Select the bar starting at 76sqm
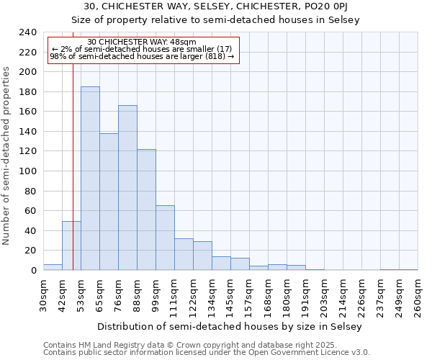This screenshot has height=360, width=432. pos(127,188)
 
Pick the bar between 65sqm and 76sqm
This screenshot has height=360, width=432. pos(109,202)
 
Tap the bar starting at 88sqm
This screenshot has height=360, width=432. pos(146,210)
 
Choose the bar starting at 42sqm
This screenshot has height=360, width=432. pos(71,246)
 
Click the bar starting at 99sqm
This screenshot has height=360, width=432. pos(165,238)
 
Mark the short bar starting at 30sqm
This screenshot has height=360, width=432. pos(53,267)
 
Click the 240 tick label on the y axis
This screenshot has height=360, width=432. pos(27,32)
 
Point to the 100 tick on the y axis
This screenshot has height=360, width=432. pos(27,171)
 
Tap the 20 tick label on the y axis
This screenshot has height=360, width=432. pos(30,251)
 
